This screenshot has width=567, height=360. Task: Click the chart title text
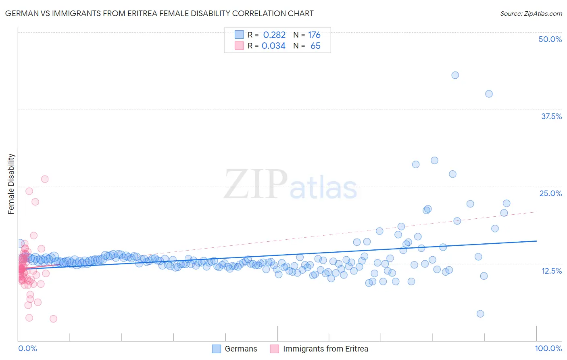tap(159, 13)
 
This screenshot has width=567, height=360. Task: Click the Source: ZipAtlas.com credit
tap(531, 13)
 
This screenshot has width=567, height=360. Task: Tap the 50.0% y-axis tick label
tap(550, 39)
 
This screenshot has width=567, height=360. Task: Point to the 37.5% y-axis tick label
tap(551, 116)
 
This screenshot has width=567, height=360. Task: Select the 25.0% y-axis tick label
tap(550, 193)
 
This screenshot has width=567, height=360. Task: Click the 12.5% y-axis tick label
tap(551, 271)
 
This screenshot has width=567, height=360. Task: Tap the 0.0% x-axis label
tap(27, 348)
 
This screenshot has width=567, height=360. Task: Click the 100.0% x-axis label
tap(548, 348)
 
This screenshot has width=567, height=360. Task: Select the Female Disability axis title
tap(11, 184)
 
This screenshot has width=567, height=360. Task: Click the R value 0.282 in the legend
tap(274, 35)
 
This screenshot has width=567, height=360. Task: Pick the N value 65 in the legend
tap(315, 46)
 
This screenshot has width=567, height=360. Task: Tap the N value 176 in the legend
tap(314, 35)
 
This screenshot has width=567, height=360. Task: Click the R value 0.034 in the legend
tap(273, 46)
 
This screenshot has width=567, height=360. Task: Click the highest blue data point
tap(455, 75)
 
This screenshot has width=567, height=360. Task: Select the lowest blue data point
tap(480, 314)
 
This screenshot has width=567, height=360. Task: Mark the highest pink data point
tap(45, 179)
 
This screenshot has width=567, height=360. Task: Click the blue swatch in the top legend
tap(239, 35)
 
